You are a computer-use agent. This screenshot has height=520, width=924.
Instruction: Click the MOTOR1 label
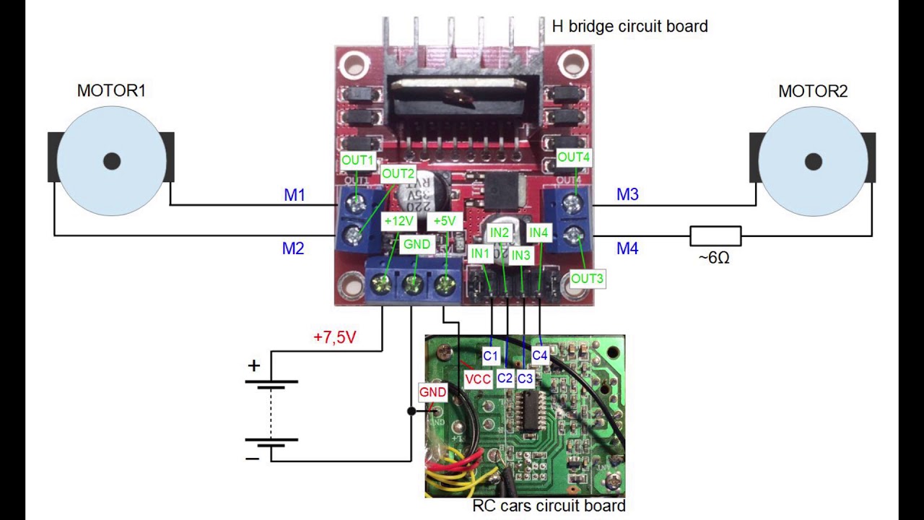(111, 91)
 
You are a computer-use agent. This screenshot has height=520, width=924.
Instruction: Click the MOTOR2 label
(813, 92)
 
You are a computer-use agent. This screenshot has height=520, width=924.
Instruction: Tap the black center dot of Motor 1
(112, 161)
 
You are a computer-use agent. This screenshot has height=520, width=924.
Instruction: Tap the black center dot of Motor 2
(814, 162)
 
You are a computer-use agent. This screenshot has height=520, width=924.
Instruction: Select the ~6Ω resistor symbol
(715, 236)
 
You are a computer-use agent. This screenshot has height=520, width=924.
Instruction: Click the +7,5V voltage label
(335, 337)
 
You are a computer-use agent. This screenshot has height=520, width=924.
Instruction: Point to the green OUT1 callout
(358, 160)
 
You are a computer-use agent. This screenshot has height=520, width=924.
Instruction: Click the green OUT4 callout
(574, 157)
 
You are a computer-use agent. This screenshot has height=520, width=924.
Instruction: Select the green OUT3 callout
(587, 278)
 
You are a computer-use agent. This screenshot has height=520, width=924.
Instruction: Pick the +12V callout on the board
(398, 221)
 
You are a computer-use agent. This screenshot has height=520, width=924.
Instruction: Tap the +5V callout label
(443, 221)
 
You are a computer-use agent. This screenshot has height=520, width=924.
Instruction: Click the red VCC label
(478, 379)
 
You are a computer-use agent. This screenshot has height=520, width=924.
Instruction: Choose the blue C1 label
(490, 355)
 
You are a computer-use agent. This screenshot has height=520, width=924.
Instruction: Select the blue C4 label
(540, 355)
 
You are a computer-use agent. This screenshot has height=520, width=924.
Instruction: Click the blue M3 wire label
(627, 194)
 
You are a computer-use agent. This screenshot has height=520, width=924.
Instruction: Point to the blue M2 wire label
(293, 248)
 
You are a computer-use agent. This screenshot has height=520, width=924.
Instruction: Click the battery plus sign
(253, 365)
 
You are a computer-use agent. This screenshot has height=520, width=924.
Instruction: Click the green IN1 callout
(480, 253)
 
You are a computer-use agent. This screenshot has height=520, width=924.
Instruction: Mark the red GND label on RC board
(432, 392)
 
